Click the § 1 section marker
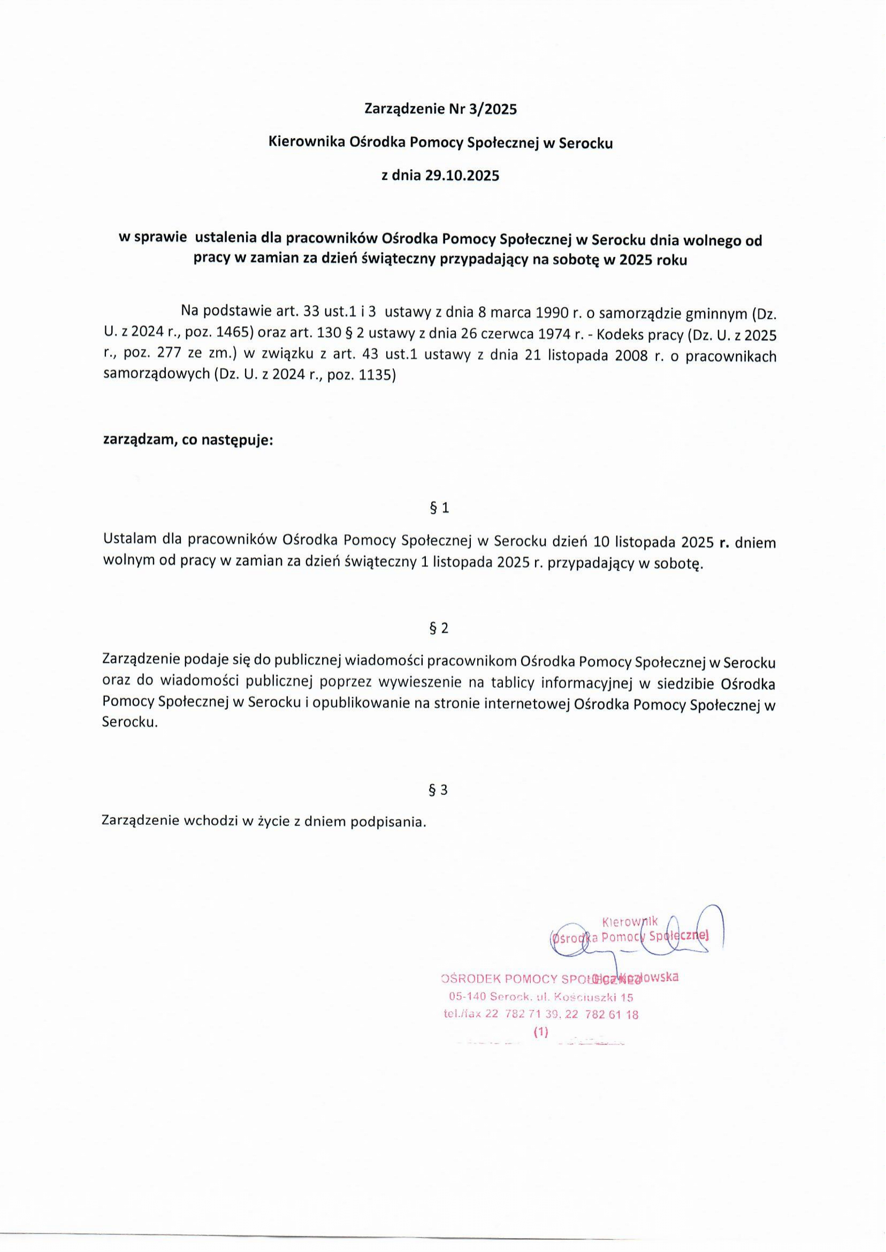click(x=440, y=508)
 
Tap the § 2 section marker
click(x=440, y=628)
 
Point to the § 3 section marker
click(x=440, y=790)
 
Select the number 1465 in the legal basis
click(x=231, y=334)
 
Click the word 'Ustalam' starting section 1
click(x=129, y=540)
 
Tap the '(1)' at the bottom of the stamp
click(x=540, y=1031)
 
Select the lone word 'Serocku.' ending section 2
click(x=130, y=722)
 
